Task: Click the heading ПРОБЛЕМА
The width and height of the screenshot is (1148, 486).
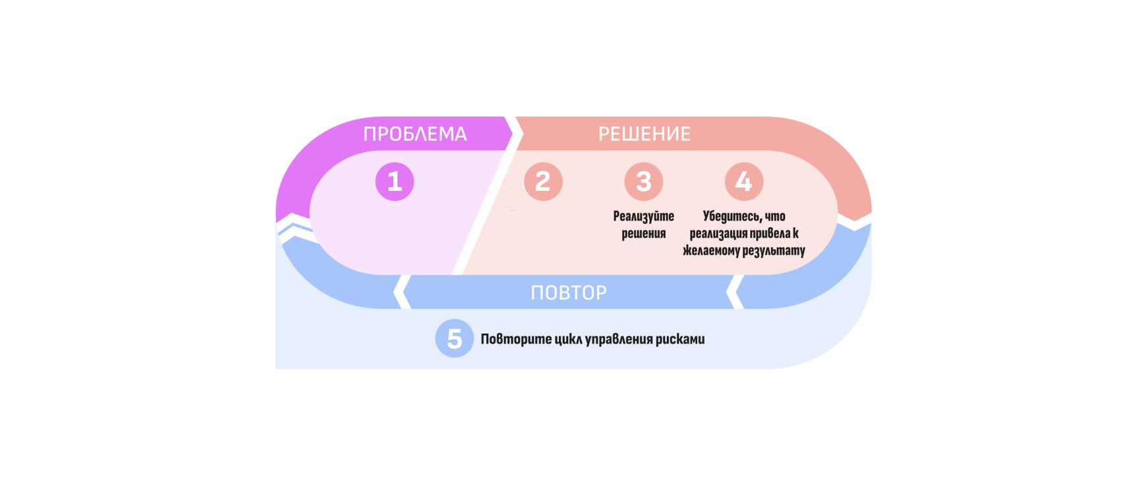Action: [415, 134]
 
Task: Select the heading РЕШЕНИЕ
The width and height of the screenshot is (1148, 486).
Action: [645, 134]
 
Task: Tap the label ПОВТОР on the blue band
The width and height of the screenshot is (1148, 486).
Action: [569, 292]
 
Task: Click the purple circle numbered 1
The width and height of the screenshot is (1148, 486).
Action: [395, 182]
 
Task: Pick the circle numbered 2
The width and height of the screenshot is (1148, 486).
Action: [543, 182]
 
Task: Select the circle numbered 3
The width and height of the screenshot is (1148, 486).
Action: [644, 182]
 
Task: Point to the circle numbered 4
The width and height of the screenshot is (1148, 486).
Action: [744, 182]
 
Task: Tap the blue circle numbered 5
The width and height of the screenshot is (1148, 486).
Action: [455, 338]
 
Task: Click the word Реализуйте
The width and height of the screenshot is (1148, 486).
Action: [644, 216]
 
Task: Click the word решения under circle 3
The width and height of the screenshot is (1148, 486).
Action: [644, 234]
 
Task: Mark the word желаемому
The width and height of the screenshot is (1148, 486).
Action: [711, 251]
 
